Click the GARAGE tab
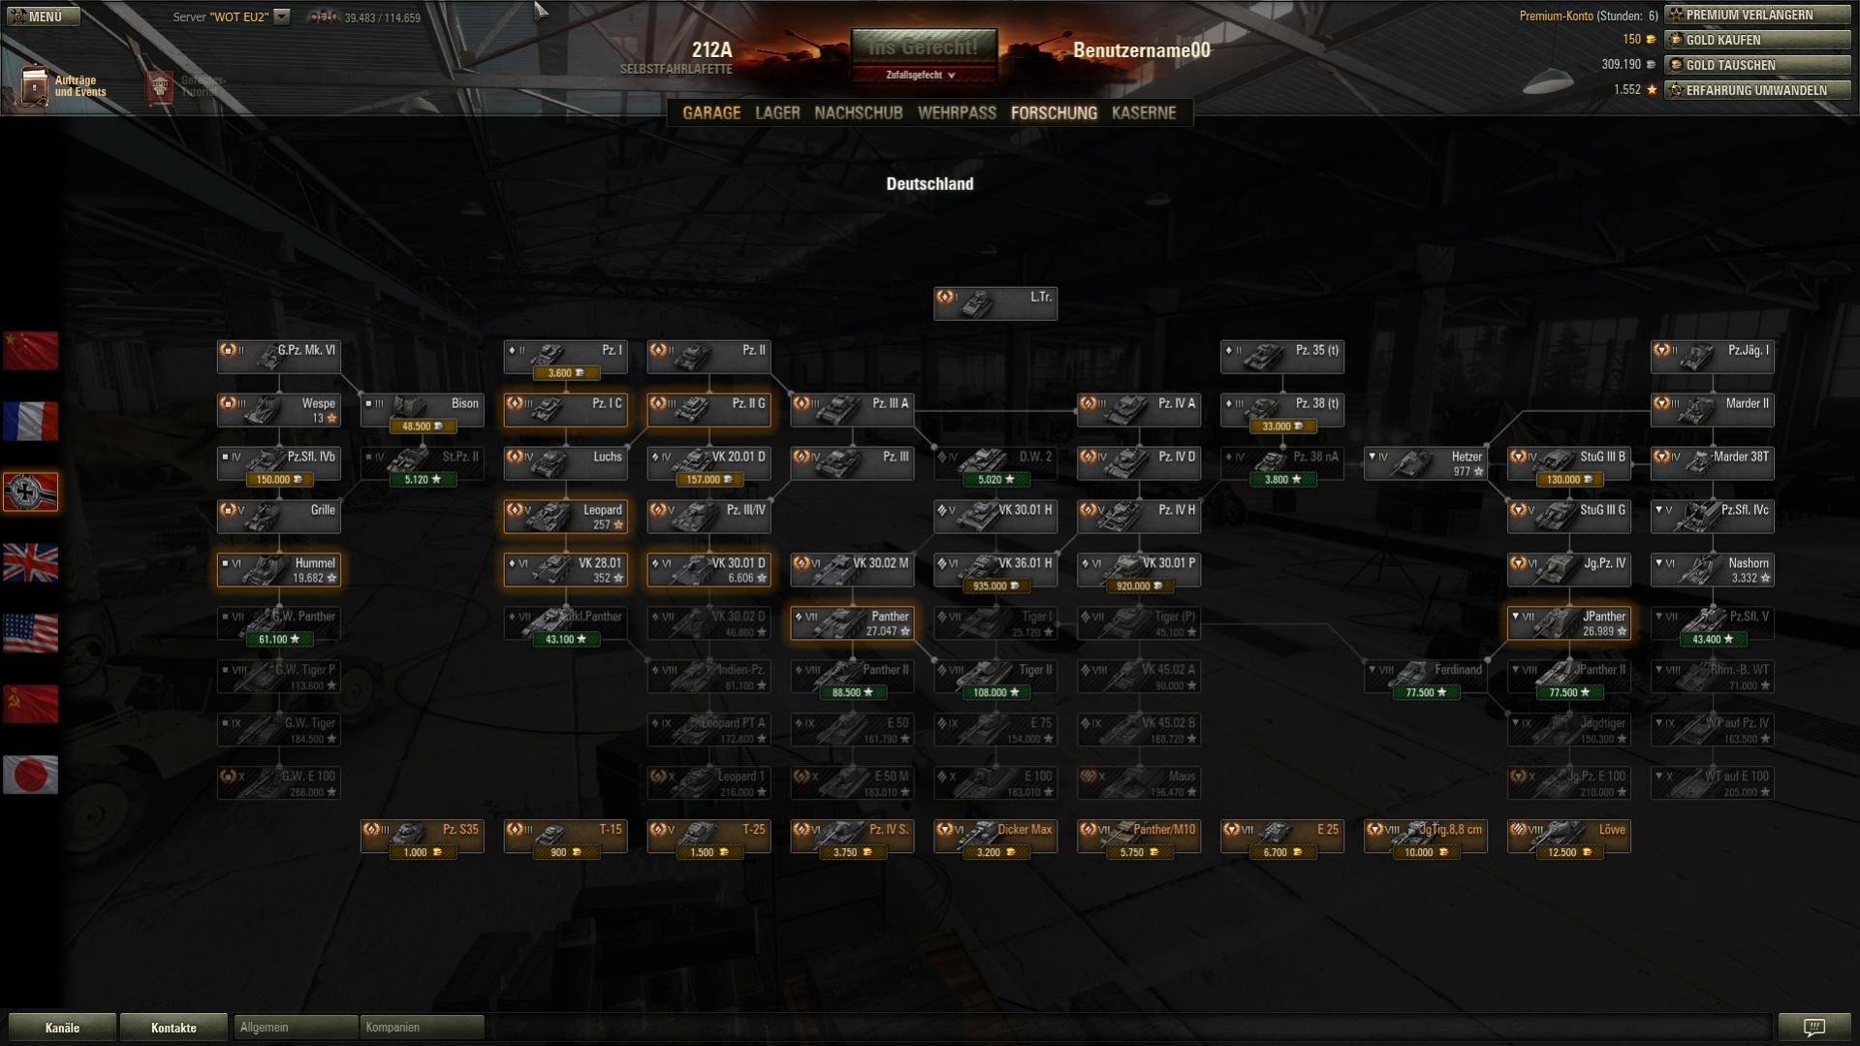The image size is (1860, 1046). (x=710, y=112)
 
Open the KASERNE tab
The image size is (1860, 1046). (x=1144, y=112)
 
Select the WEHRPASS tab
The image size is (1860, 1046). (x=957, y=112)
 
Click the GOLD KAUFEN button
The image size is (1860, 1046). (x=1757, y=40)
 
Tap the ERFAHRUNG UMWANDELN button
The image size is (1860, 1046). (x=1757, y=90)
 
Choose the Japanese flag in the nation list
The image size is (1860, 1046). (x=30, y=775)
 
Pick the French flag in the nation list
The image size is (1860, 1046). (x=30, y=422)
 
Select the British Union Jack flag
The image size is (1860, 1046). (x=30, y=563)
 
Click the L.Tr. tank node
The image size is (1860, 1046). (x=995, y=302)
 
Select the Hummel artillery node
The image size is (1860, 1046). (x=279, y=569)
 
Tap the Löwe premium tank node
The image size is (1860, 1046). (x=1568, y=836)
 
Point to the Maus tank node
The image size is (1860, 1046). (x=1139, y=782)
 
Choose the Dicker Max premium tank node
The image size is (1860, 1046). (x=995, y=836)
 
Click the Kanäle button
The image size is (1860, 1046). (x=62, y=1028)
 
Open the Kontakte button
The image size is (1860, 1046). (x=173, y=1028)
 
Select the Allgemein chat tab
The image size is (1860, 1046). (x=295, y=1028)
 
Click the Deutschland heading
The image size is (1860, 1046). (x=930, y=184)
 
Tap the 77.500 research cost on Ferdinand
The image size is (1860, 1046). (x=1425, y=693)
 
